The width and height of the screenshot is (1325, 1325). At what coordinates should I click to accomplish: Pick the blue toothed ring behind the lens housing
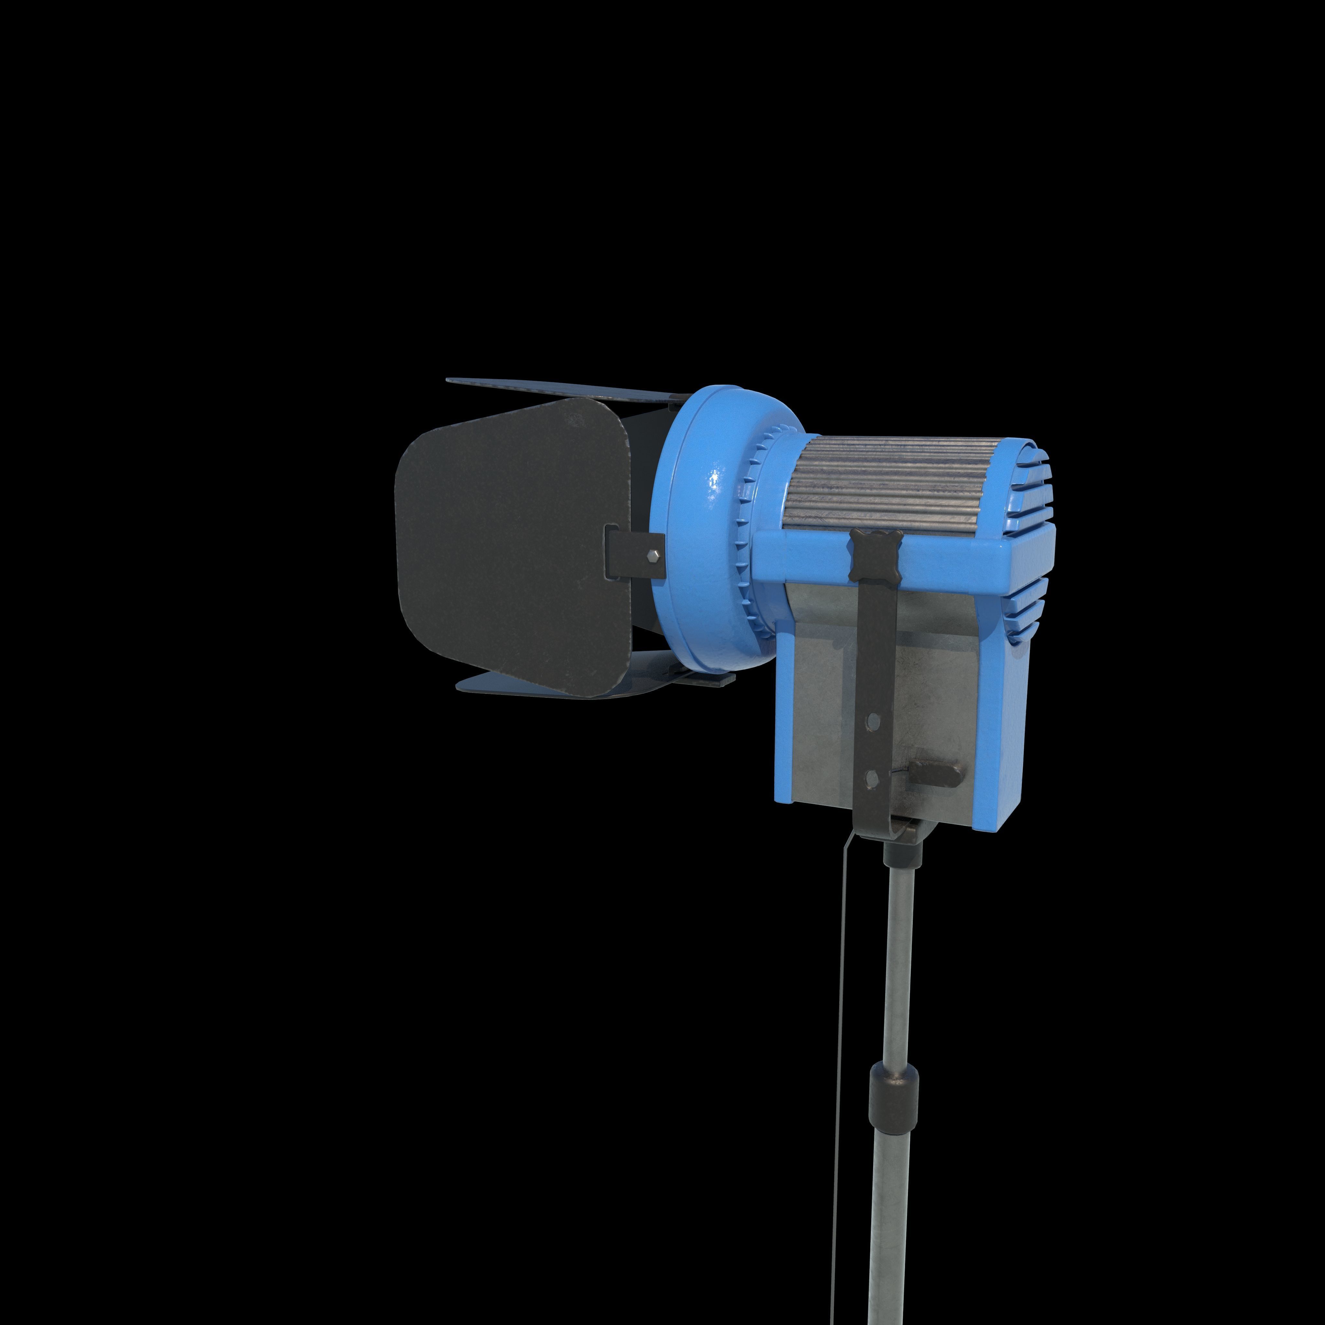(x=751, y=535)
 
